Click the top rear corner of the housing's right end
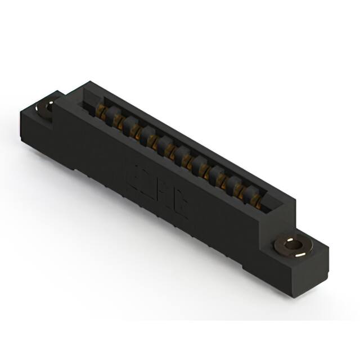[296, 198]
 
